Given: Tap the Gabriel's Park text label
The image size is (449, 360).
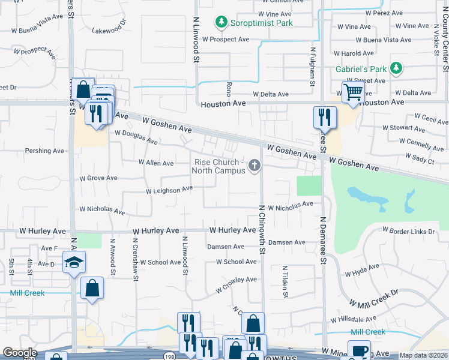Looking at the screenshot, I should pos(360,69).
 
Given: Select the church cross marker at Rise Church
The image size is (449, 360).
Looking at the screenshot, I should pos(255,165).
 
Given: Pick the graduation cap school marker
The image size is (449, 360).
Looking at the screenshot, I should pos(74,262).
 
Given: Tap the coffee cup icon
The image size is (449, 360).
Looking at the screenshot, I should pos(360,351).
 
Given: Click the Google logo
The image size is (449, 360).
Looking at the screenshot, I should pos(20,353).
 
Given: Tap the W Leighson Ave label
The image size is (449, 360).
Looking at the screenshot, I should pos(169,190).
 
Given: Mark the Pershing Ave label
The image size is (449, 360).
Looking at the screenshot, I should pos(41,151).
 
